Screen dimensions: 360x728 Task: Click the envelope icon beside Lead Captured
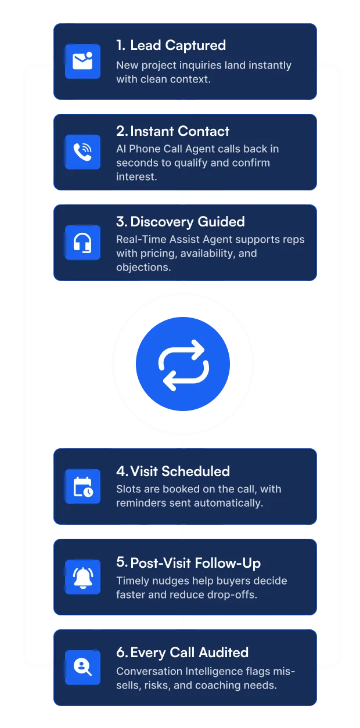click(x=82, y=61)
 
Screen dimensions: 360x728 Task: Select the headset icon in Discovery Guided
click(x=82, y=243)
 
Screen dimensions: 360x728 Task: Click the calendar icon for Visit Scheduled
click(x=82, y=486)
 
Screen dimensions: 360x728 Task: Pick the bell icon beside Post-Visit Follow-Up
click(x=82, y=577)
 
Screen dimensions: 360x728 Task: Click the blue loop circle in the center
click(x=183, y=365)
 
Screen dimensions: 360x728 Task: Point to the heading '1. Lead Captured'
click(x=171, y=45)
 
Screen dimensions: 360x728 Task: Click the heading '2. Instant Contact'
click(x=172, y=131)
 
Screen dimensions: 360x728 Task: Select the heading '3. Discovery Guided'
click(x=180, y=222)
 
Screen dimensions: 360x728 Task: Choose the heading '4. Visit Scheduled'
click(x=172, y=471)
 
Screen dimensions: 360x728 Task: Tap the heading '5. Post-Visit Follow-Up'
click(x=188, y=563)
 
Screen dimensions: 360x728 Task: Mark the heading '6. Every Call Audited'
click(x=182, y=653)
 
